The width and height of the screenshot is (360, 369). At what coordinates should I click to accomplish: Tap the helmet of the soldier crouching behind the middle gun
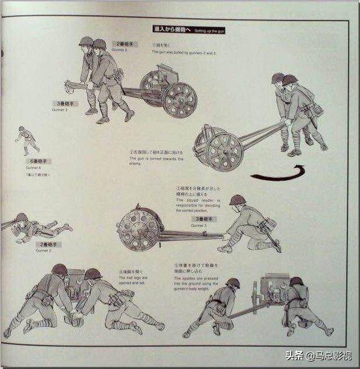pos(237,201)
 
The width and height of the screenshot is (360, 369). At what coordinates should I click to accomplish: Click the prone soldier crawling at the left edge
pos(34,227)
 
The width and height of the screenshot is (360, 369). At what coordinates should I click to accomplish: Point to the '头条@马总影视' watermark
pos(318,355)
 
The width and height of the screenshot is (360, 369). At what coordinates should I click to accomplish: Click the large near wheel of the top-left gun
pos(180,99)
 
